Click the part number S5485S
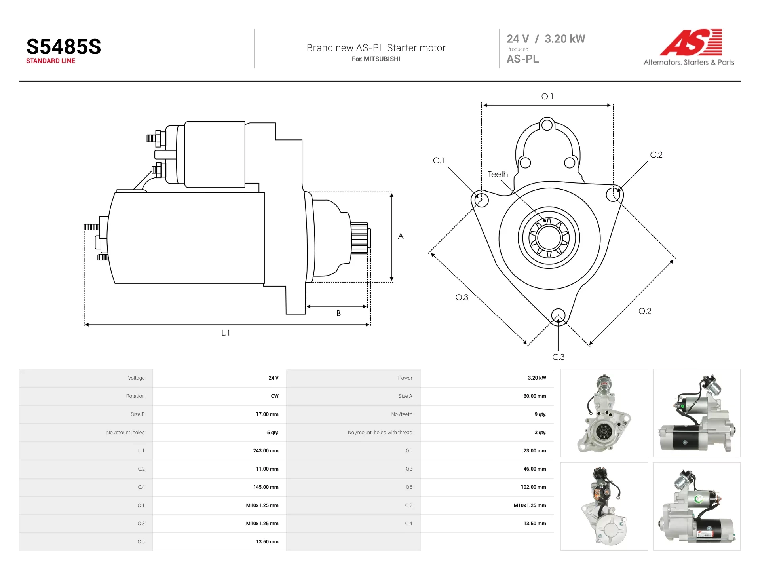click(64, 47)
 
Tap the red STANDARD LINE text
click(51, 61)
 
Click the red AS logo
click(691, 42)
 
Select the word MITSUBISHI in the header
click(382, 59)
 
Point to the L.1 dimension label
click(226, 333)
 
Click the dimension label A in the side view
click(401, 236)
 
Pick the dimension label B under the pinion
click(338, 313)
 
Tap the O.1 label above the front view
click(547, 97)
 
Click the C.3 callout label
click(559, 357)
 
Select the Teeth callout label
click(498, 174)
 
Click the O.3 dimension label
click(462, 297)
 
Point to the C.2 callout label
click(656, 155)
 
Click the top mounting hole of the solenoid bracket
click(547, 125)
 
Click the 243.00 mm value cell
click(266, 451)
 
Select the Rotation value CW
click(275, 396)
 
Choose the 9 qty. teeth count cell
click(540, 414)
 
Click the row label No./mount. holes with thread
click(380, 433)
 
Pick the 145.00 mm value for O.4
click(266, 487)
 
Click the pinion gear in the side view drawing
click(360, 238)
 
